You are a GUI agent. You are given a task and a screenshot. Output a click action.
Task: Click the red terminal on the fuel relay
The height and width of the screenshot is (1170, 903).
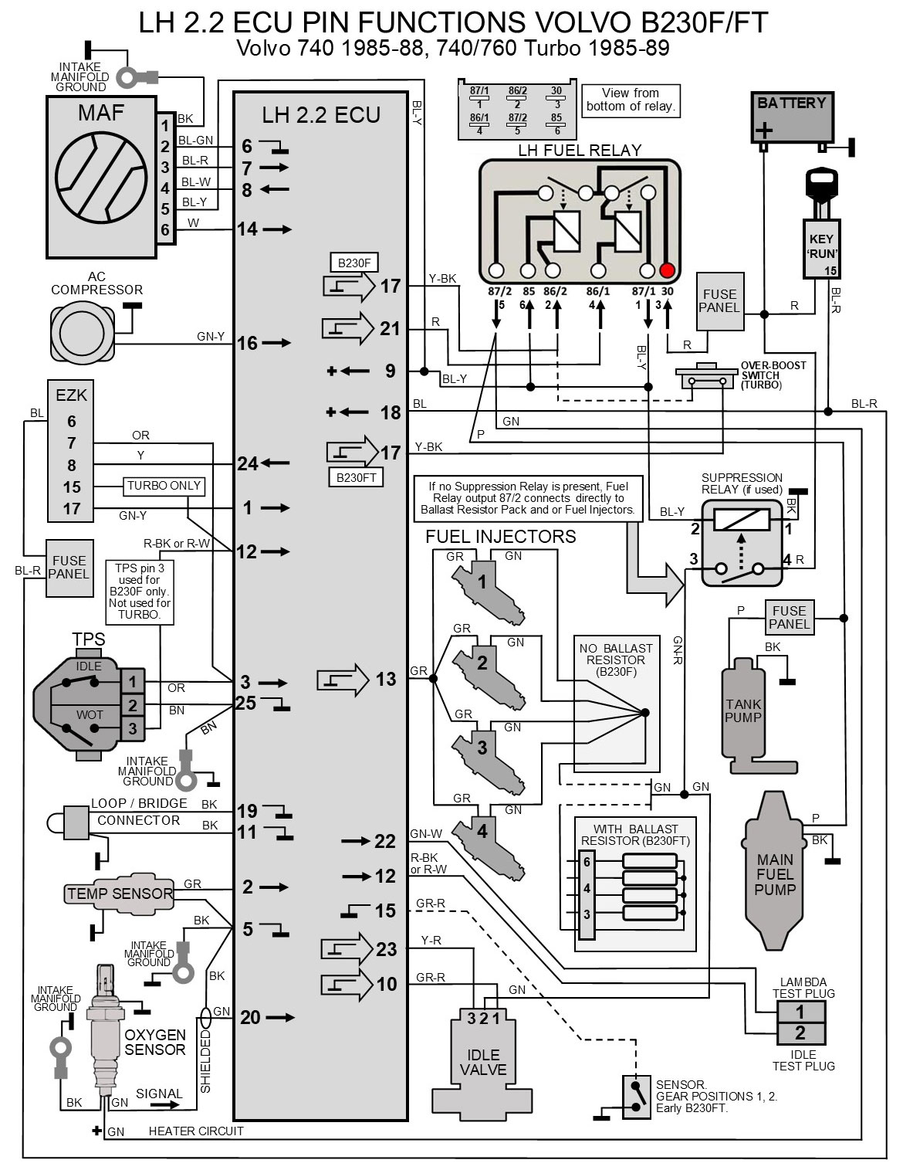pyautogui.click(x=668, y=271)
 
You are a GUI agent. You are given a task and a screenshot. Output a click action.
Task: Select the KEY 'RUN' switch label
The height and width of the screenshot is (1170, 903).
pyautogui.click(x=821, y=245)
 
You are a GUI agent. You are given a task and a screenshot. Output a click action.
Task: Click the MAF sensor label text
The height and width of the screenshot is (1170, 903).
pyautogui.click(x=100, y=113)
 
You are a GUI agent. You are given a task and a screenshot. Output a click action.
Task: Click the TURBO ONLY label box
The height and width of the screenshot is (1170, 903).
pyautogui.click(x=164, y=487)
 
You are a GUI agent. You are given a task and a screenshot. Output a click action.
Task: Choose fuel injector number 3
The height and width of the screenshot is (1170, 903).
pyautogui.click(x=482, y=748)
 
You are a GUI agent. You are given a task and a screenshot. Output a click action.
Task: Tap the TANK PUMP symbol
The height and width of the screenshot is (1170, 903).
pyautogui.click(x=742, y=710)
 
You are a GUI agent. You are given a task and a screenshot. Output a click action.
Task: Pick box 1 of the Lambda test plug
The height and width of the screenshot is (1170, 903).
pyautogui.click(x=800, y=1012)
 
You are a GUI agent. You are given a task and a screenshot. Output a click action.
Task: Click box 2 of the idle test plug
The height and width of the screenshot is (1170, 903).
pyautogui.click(x=800, y=1033)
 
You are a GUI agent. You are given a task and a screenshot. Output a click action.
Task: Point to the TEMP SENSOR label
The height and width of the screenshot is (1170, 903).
pyautogui.click(x=120, y=894)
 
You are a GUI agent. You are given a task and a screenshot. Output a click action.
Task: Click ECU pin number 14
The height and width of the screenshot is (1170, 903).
pyautogui.click(x=247, y=229)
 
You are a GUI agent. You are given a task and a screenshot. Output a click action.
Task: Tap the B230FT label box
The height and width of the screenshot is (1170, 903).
pyautogui.click(x=356, y=477)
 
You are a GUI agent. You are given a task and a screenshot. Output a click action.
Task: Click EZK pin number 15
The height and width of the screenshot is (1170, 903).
pyautogui.click(x=72, y=487)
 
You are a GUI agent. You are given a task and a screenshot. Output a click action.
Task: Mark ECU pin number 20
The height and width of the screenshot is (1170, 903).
pyautogui.click(x=250, y=1018)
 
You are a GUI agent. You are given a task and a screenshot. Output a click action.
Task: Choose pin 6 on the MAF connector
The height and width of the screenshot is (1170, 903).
pyautogui.click(x=164, y=229)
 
